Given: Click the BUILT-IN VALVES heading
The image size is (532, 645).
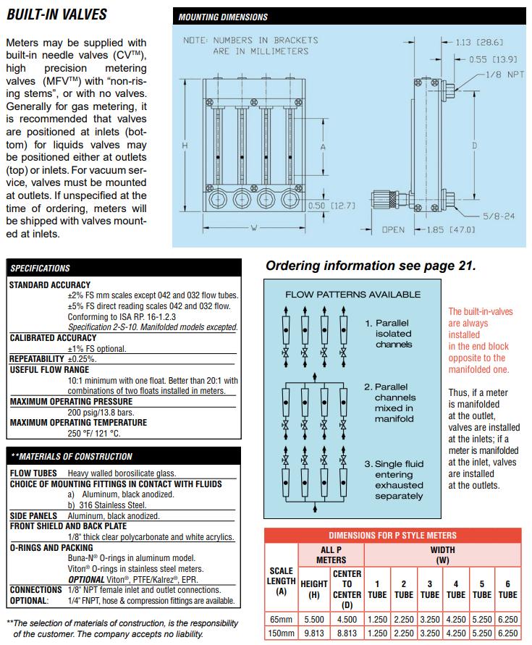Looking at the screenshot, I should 56,14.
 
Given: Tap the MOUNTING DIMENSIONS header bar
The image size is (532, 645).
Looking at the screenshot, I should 223,17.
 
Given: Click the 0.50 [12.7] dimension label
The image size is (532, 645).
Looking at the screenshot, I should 333,205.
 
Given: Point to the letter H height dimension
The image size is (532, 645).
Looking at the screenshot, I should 185,146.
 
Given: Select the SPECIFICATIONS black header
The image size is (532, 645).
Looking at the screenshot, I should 41,268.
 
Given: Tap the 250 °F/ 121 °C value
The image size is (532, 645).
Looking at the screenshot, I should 94,433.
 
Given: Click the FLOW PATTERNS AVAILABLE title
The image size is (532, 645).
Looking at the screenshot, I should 352,295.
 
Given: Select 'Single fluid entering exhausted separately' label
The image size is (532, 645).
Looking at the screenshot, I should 399,480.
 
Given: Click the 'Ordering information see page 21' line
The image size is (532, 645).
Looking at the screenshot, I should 371,266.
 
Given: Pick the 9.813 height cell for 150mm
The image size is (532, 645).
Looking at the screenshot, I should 314,631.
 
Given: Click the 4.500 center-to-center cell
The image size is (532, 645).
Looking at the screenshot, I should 347,619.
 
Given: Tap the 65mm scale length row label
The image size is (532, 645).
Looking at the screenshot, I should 281,619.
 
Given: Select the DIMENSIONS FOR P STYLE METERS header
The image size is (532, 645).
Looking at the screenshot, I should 392,536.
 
